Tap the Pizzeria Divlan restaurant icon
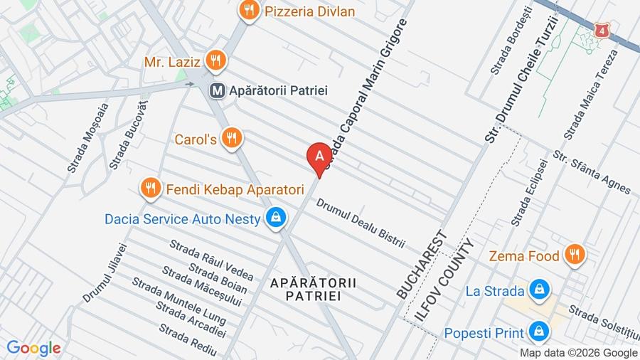[x=248, y=10]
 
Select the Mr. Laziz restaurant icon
[x=215, y=61]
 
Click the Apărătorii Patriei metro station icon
[x=218, y=91]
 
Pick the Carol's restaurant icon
[x=230, y=138]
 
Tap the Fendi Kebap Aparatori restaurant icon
[x=149, y=189]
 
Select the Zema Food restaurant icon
[x=574, y=254]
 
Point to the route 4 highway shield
[x=602, y=31]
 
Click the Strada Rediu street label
[x=188, y=340]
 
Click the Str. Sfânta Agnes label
[x=591, y=173]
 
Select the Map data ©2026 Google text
[x=578, y=352]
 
